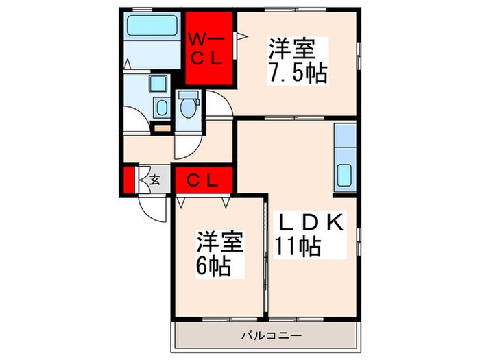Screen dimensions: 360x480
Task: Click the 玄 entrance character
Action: [x=155, y=181]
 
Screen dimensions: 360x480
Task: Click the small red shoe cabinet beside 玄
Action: [x=129, y=181]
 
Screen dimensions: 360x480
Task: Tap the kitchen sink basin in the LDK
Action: [x=344, y=177]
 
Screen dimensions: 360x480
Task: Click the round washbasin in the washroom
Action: [x=161, y=107]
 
